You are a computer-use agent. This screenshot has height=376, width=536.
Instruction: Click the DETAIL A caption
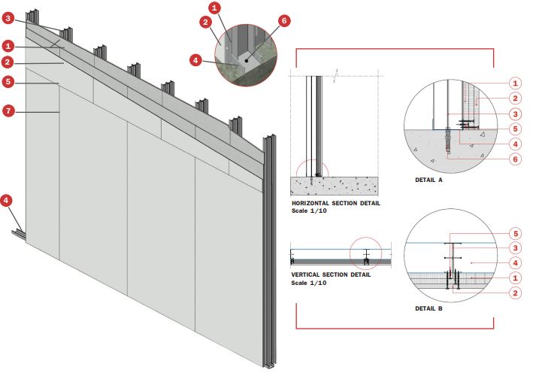428,180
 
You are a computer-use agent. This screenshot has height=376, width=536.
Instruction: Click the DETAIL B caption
428,308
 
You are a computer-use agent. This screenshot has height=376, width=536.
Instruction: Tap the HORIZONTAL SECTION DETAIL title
336,203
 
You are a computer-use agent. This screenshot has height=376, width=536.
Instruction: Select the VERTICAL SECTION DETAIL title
331,274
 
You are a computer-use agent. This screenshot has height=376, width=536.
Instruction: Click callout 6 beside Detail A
515,159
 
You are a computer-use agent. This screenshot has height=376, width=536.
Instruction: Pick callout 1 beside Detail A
515,83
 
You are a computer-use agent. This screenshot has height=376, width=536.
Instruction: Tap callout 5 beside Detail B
515,234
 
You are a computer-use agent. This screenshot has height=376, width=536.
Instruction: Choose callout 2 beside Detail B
515,293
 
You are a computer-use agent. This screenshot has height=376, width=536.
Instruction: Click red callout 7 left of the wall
8,111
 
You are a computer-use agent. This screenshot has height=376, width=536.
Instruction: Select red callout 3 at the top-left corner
8,18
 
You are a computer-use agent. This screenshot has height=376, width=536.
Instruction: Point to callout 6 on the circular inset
283,21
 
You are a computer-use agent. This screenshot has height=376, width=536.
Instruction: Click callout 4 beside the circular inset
195,60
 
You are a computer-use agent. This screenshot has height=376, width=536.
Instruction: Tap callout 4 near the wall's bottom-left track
6,201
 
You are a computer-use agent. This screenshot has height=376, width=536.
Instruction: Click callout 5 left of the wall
8,82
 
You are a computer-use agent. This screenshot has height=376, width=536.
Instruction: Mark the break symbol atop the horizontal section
336,75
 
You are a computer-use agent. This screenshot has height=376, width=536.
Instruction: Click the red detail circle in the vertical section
365,253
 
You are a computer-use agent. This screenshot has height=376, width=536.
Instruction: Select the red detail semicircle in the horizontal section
312,168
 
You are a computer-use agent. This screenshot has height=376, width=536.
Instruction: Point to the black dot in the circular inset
246,61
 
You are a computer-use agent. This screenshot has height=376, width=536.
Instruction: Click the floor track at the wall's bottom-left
19,235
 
